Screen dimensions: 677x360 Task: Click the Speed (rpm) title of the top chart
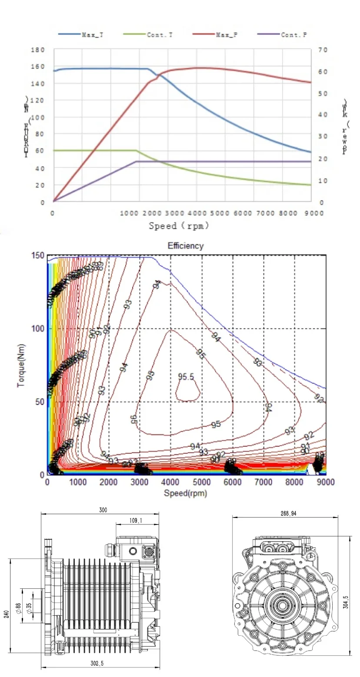click(x=179, y=226)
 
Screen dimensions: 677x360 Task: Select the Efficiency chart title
click(x=186, y=246)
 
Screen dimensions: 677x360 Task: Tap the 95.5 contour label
click(x=186, y=377)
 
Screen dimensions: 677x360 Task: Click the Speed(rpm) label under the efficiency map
click(x=185, y=493)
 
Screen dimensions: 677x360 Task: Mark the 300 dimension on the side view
click(x=103, y=510)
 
